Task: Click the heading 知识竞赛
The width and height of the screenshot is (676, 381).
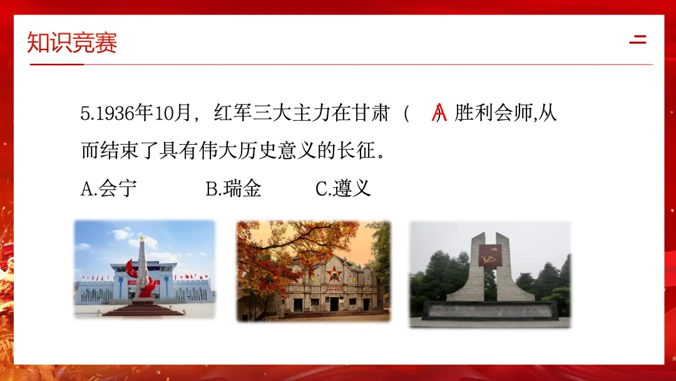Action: (x=72, y=42)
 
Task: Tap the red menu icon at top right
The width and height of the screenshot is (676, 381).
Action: (x=638, y=39)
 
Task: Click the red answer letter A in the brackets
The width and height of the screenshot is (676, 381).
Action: (x=439, y=113)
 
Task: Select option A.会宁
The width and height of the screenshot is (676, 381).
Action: (x=109, y=189)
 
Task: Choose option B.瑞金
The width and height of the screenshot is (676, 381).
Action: (x=233, y=189)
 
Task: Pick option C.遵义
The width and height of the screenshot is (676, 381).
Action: (x=343, y=189)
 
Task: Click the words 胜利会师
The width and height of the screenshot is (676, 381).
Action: (x=494, y=113)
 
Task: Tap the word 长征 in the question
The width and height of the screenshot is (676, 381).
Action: (x=356, y=150)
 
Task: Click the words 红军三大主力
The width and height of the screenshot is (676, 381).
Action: (x=272, y=113)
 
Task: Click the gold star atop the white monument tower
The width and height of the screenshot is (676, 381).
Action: (x=141, y=237)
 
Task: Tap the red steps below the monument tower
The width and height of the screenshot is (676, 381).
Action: (x=143, y=310)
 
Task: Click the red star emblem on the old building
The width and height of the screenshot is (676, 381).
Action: (x=334, y=273)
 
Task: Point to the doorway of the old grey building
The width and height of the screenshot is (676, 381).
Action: (x=334, y=304)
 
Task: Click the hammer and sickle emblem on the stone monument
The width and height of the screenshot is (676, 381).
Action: (x=490, y=256)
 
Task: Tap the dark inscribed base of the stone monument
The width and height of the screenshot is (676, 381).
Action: (x=489, y=310)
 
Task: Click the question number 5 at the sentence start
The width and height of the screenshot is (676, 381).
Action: (x=85, y=113)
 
